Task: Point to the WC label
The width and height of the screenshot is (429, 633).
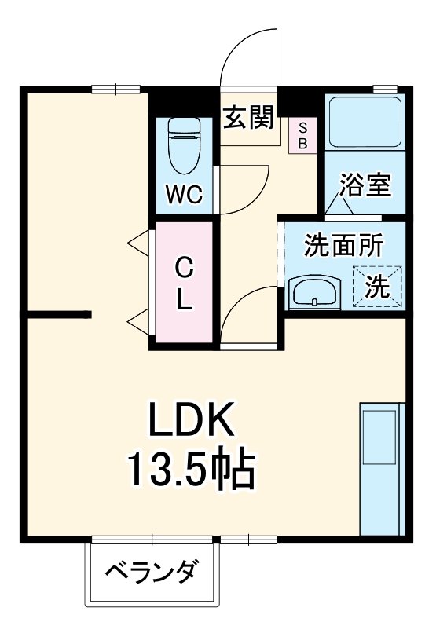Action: pyautogui.click(x=184, y=194)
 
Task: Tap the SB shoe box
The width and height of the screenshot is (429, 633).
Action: pyautogui.click(x=302, y=135)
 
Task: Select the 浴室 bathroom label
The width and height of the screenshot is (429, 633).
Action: pyautogui.click(x=365, y=187)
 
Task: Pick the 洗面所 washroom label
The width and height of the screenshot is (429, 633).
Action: pyautogui.click(x=343, y=246)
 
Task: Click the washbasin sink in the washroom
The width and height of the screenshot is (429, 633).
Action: pyautogui.click(x=315, y=293)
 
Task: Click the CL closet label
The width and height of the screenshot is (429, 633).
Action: pyautogui.click(x=184, y=284)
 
